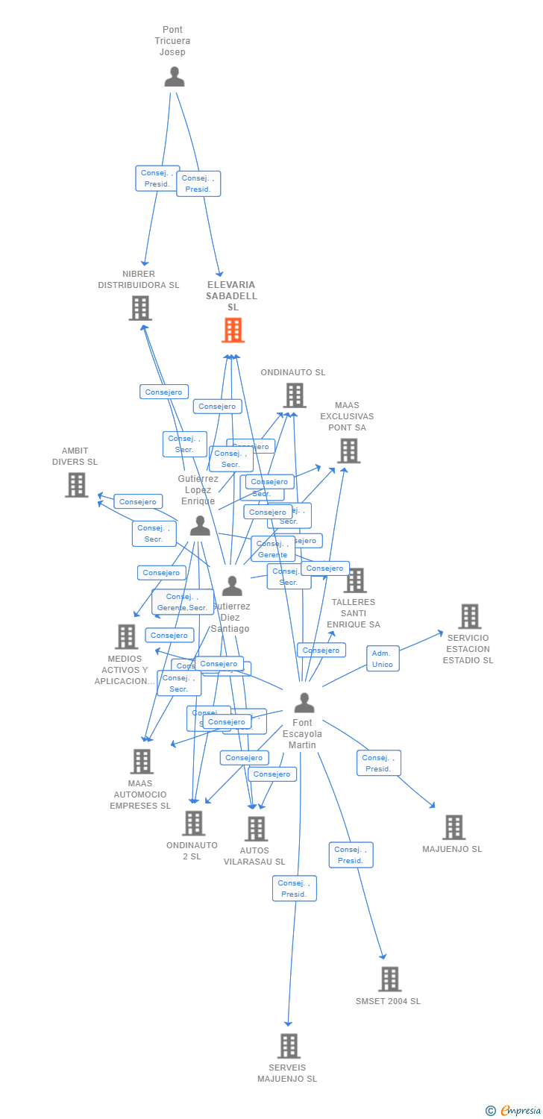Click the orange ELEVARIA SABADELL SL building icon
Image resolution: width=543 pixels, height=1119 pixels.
[233, 330]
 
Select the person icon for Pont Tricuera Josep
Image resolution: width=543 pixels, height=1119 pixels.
[174, 77]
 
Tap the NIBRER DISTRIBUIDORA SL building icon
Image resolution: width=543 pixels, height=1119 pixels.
[140, 308]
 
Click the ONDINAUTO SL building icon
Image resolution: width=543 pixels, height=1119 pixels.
[295, 395]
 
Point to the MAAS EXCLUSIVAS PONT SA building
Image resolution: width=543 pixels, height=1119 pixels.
[348, 451]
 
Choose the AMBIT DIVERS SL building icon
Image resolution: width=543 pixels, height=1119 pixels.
[76, 485]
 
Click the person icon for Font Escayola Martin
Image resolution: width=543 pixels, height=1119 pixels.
[304, 703]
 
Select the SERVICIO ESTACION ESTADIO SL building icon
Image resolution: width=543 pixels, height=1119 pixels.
[469, 617]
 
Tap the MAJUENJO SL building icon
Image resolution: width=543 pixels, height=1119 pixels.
[453, 827]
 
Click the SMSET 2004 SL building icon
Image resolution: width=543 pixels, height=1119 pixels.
[389, 979]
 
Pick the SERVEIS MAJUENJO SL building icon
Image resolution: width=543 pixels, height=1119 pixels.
[289, 1046]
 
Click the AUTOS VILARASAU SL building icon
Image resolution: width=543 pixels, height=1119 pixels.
[256, 829]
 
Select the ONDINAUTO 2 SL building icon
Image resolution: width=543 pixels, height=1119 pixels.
[193, 823]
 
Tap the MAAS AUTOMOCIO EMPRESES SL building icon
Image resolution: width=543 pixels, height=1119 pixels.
[142, 762]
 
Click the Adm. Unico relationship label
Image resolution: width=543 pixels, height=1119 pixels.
[383, 659]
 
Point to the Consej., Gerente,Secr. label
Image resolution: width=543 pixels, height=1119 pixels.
[182, 602]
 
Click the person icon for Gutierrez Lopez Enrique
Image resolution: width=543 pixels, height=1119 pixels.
[199, 526]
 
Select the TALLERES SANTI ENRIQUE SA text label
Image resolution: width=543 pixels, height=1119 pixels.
[354, 613]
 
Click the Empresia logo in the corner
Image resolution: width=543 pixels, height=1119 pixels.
[514, 1111]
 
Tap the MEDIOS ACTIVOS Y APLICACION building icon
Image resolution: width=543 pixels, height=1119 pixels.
[127, 636]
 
